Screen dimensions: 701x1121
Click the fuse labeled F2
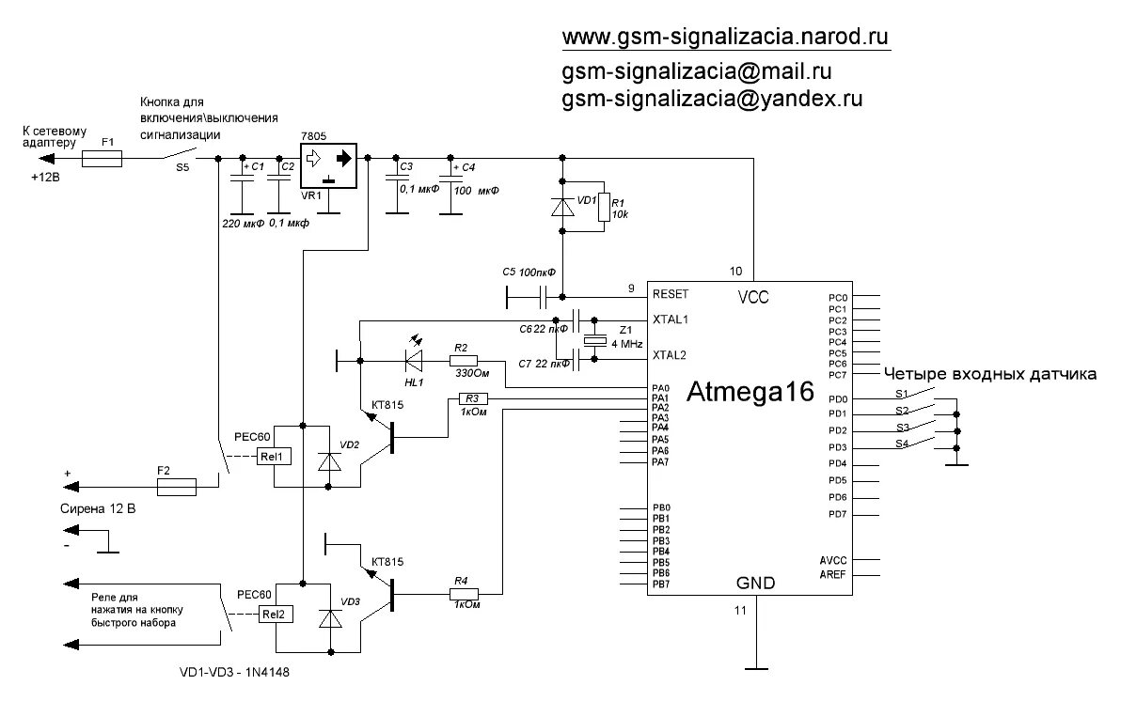[x=176, y=486]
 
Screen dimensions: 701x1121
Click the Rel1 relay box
[x=275, y=456]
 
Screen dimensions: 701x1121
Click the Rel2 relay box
[x=275, y=614]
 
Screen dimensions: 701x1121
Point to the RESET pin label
[x=670, y=294]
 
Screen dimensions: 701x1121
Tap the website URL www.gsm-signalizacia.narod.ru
[x=725, y=37]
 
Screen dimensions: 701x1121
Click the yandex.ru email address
[x=712, y=98]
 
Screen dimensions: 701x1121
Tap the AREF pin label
[x=832, y=573]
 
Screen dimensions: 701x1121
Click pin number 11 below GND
[x=739, y=610]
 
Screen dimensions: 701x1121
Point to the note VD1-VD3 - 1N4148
[x=242, y=673]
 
